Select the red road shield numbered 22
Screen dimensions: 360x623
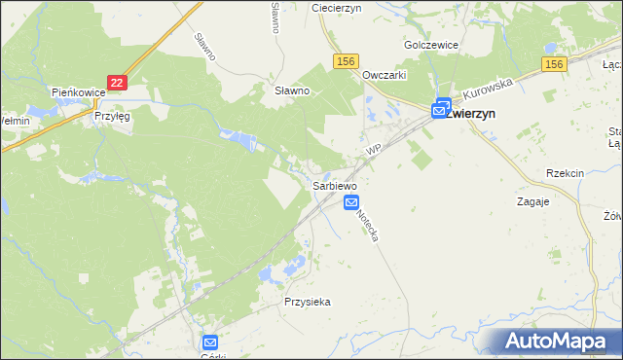click(x=117, y=85)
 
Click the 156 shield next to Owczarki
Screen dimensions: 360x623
click(x=346, y=61)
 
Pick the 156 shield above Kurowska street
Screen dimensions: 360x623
click(x=554, y=64)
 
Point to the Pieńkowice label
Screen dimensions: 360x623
click(x=77, y=92)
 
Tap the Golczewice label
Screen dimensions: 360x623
click(x=430, y=46)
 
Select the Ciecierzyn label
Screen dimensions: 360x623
click(x=336, y=7)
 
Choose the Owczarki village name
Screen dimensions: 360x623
click(x=384, y=75)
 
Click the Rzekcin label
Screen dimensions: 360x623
click(x=565, y=173)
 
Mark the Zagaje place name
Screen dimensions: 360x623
click(x=532, y=201)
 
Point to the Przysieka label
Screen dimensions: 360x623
click(x=308, y=302)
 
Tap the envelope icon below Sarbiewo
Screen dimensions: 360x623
click(x=351, y=201)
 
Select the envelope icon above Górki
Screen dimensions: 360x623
click(x=210, y=342)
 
